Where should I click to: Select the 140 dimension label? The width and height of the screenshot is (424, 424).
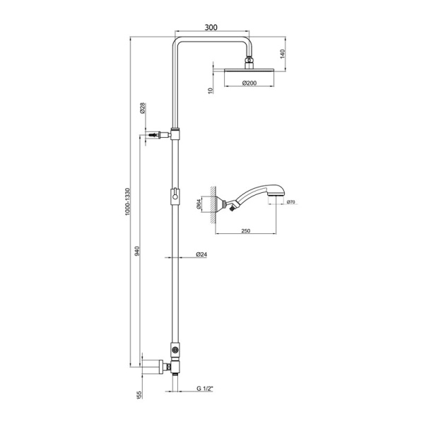(x=281, y=53)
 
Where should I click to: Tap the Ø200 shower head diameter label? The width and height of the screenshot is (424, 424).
(x=249, y=83)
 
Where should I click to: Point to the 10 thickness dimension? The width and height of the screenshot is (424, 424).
(x=211, y=90)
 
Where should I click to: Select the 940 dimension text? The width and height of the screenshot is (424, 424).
(x=137, y=251)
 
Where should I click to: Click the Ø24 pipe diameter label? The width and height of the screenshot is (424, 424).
(x=200, y=255)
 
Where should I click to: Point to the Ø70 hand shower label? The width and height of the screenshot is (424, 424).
(x=290, y=203)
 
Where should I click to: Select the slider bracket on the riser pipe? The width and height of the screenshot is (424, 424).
(x=175, y=195)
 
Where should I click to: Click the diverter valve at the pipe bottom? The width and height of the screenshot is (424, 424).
(x=175, y=350)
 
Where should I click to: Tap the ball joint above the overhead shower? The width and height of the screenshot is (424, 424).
(x=249, y=61)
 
